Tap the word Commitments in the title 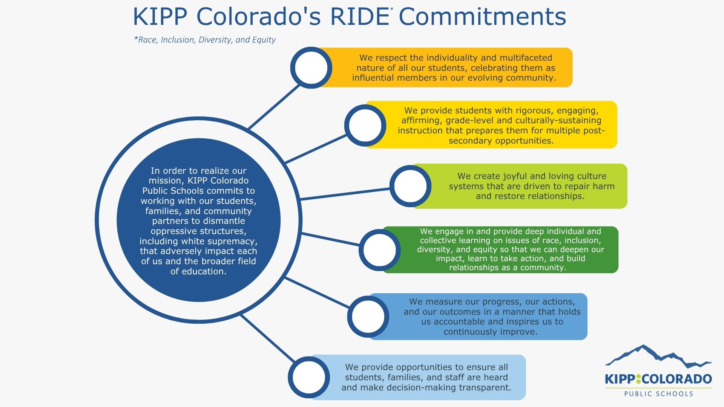click(482, 17)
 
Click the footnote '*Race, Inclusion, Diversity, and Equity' click(205, 40)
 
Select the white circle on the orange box click(311, 68)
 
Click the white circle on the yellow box click(365, 125)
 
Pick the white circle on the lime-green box click(410, 186)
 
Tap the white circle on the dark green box click(379, 250)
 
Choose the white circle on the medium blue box click(368, 317)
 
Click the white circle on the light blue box click(309, 377)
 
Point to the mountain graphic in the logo click(658, 356)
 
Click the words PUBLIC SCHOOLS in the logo click(659, 394)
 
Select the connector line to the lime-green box click(345, 194)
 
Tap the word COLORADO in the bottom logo click(676, 379)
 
